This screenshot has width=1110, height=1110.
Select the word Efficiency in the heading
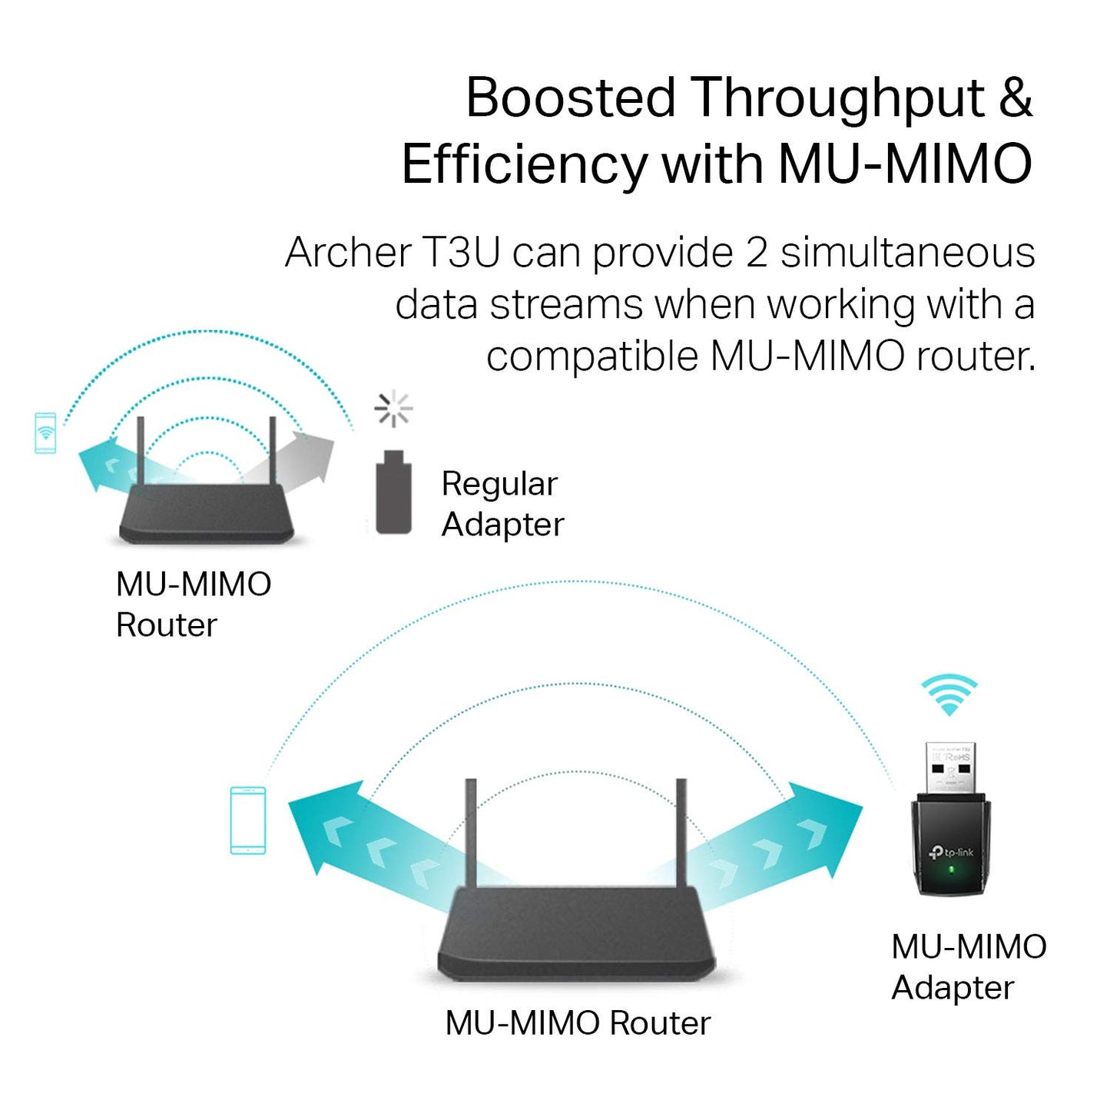pyautogui.click(x=524, y=165)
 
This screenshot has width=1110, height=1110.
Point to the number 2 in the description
pyautogui.click(x=756, y=253)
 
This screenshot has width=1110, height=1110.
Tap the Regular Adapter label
pyautogui.click(x=502, y=504)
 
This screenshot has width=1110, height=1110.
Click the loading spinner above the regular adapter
pyautogui.click(x=393, y=408)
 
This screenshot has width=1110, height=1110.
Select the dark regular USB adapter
pyautogui.click(x=393, y=493)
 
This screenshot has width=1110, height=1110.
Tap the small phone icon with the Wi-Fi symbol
pyautogui.click(x=45, y=432)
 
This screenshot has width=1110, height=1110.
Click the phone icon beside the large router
pyautogui.click(x=248, y=820)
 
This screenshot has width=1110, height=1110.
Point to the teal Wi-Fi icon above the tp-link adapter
pyautogui.click(x=949, y=694)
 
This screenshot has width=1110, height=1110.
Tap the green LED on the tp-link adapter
pyautogui.click(x=951, y=870)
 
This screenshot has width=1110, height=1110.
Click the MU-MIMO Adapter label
pyautogui.click(x=968, y=967)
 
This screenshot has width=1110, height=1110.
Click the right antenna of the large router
pyautogui.click(x=681, y=833)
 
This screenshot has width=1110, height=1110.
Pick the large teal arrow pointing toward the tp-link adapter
pyautogui.click(x=776, y=845)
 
